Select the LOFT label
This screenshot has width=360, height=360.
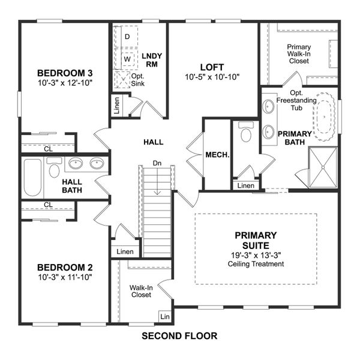213,67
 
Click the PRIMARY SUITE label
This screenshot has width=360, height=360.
256,241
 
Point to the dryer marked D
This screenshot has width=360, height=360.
127,37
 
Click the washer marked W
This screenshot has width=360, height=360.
127,59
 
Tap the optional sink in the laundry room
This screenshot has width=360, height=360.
122,79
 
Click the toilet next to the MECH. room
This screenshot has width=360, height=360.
245,133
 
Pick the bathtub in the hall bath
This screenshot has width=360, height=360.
32,178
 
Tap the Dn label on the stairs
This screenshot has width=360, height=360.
157,163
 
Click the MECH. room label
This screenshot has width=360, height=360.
217,154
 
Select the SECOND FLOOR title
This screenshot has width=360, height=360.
179,336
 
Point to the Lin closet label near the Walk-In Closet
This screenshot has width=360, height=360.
164,316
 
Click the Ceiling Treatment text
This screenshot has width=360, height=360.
256,263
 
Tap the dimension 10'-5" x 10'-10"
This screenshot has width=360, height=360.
213,77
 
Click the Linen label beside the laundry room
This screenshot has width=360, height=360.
116,106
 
